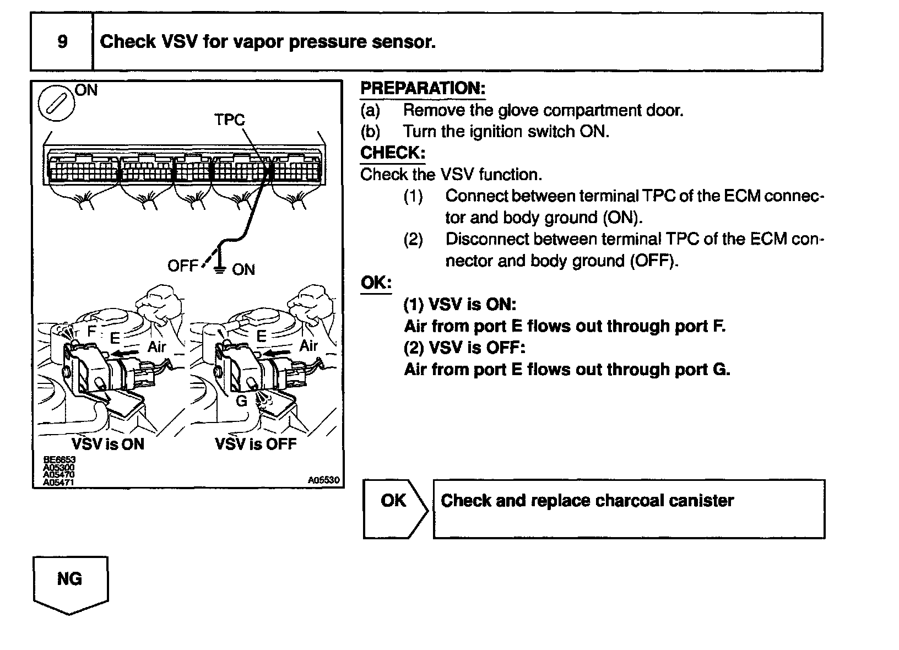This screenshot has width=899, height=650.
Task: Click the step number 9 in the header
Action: (62, 42)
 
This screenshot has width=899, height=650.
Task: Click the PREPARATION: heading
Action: (423, 88)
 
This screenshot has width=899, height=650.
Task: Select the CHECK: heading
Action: (392, 153)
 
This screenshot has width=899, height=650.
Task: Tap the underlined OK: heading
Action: (376, 283)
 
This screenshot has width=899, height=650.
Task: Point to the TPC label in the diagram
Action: (230, 120)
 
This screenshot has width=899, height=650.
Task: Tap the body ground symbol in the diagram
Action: (220, 268)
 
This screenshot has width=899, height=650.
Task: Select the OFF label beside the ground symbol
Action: (182, 266)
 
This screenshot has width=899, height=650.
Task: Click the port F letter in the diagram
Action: (92, 331)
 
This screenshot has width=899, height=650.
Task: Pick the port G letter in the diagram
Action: (241, 401)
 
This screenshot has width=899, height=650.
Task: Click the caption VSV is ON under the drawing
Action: (108, 444)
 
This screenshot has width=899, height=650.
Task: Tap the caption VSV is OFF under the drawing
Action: (256, 444)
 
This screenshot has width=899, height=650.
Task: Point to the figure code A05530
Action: (324, 480)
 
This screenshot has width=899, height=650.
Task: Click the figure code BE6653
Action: (59, 459)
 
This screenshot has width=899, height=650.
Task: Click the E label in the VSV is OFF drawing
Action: (262, 336)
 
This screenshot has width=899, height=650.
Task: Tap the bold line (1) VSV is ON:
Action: (460, 305)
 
